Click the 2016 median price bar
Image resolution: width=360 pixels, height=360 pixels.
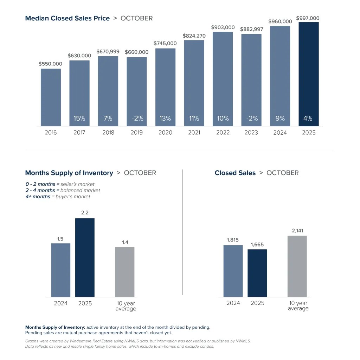tap(51, 97)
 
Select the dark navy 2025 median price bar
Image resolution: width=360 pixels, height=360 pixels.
tap(308, 74)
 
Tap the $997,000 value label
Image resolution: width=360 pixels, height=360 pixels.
tap(308, 18)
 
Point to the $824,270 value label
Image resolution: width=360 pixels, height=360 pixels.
tap(194, 36)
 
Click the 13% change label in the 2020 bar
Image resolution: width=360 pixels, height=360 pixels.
tap(165, 118)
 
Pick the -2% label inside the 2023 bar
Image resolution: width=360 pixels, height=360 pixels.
tap(251, 118)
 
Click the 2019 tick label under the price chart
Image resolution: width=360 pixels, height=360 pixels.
tap(137, 133)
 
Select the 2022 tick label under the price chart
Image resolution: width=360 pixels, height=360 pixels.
tap(223, 133)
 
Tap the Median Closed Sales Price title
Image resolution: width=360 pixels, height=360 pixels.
tap(67, 18)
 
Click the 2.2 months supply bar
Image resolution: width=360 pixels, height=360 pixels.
tap(85, 257)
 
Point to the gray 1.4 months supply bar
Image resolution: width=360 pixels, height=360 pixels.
tap(125, 272)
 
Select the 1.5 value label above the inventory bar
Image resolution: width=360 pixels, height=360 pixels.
tap(60, 239)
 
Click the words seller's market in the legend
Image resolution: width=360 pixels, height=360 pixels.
tap(78, 184)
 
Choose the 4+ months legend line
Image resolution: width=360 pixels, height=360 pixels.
tap(58, 197)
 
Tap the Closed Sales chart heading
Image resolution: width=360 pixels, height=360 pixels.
tap(235, 173)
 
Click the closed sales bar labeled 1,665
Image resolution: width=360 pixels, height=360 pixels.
tap(257, 273)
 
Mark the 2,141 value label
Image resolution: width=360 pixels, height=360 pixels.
tap(297, 231)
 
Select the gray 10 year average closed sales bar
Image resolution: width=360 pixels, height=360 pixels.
tap(297, 266)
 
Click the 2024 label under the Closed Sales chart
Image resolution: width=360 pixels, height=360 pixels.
tap(233, 303)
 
